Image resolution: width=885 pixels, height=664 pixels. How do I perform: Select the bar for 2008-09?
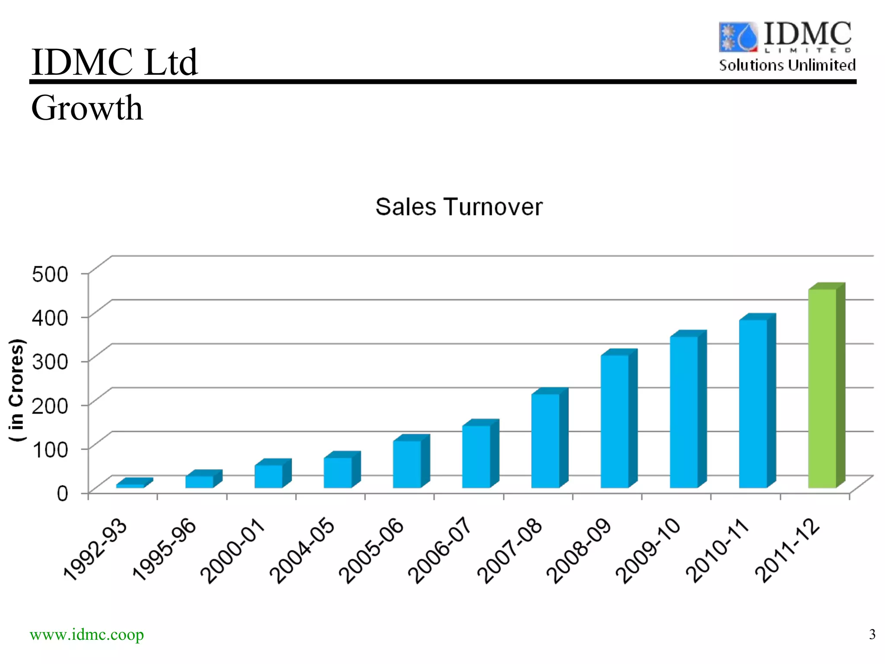[614, 421]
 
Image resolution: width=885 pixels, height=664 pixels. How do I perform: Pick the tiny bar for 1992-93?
[130, 485]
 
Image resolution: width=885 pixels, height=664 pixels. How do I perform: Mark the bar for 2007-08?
[545, 441]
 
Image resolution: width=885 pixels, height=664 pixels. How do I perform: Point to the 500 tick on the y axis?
[50, 274]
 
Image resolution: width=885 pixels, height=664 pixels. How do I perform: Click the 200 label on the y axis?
[50, 405]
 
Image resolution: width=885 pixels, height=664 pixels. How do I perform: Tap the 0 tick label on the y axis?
[62, 493]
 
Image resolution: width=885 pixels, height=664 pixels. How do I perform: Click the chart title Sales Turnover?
[458, 207]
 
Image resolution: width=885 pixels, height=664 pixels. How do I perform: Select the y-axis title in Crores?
[16, 390]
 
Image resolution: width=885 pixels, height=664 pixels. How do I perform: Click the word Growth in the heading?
[87, 108]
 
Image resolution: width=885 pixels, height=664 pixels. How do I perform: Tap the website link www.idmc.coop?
[87, 635]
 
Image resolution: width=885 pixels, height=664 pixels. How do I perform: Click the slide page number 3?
[872, 634]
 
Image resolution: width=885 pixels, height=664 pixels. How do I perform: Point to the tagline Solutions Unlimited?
[787, 65]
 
